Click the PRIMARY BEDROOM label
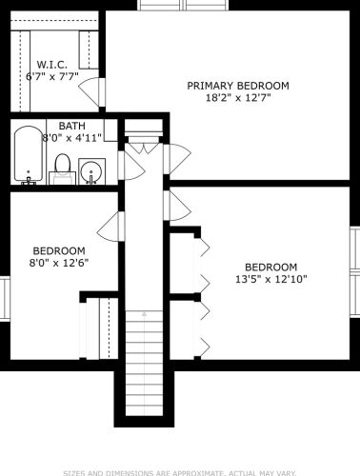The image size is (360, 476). click(238, 86)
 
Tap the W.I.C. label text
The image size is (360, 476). click(52, 65)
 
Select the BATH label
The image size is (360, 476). click(72, 126)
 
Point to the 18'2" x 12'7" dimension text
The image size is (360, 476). click(238, 97)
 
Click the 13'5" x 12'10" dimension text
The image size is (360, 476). click(271, 279)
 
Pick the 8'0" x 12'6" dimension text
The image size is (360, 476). click(59, 263)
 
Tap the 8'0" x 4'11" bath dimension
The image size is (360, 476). click(72, 138)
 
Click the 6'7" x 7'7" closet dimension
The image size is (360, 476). click(52, 76)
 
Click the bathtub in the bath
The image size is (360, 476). click(29, 154)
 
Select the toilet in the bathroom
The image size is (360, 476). click(62, 169)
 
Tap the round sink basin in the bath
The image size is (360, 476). click(91, 171)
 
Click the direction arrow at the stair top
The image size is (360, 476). click(145, 314)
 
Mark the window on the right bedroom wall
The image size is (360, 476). click(354, 271)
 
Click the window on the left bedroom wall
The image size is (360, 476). click(5, 298)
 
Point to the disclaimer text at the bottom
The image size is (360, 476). click(180, 473)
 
